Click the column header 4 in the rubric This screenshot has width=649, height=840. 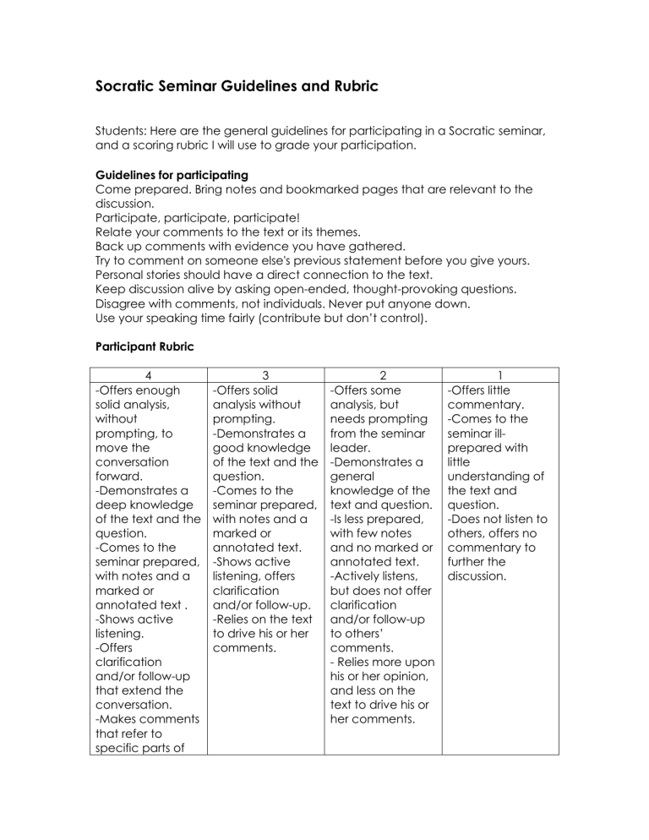[148, 375]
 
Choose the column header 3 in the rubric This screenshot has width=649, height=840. [265, 375]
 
